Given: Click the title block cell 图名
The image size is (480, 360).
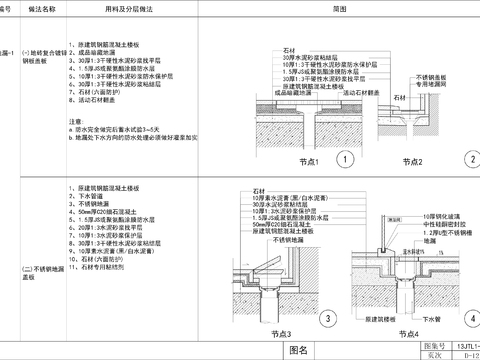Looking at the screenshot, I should coord(298,350).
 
